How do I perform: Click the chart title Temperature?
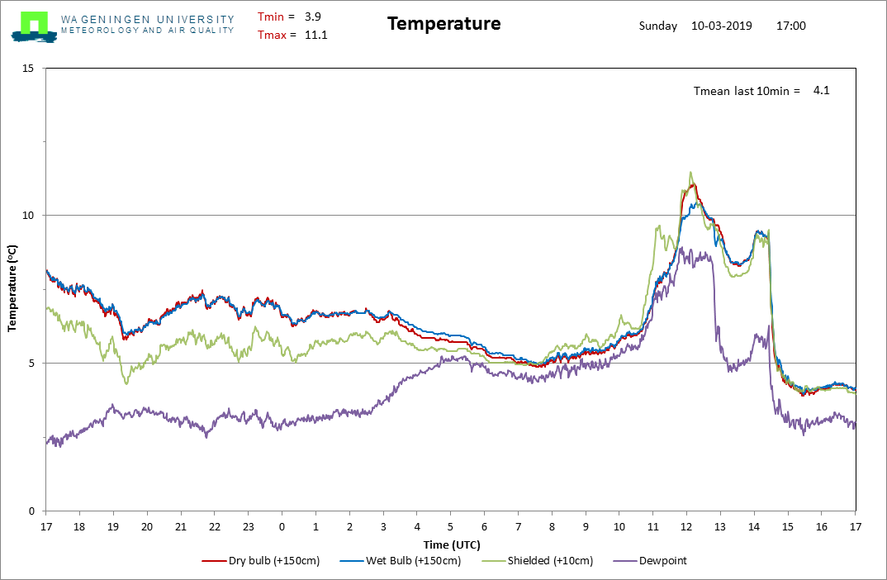pyautogui.click(x=444, y=24)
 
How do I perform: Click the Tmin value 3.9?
pyautogui.click(x=313, y=17)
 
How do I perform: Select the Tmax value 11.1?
pyautogui.click(x=315, y=35)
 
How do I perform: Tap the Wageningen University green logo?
pyautogui.click(x=34, y=26)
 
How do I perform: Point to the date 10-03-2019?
pyautogui.click(x=721, y=26)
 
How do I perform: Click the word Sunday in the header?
pyautogui.click(x=658, y=26)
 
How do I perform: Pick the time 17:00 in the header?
pyautogui.click(x=791, y=26)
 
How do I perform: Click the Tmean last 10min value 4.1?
pyautogui.click(x=822, y=91)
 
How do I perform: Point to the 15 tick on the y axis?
pyautogui.click(x=28, y=69)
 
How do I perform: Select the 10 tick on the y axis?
pyautogui.click(x=28, y=216)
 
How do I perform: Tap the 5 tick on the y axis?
pyautogui.click(x=31, y=364)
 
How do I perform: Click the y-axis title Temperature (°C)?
pyautogui.click(x=12, y=288)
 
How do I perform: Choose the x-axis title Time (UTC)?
pyautogui.click(x=452, y=545)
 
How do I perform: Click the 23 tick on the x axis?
pyautogui.click(x=249, y=527)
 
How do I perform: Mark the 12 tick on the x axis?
pyautogui.click(x=686, y=527)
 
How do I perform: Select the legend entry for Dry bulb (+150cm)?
pyautogui.click(x=261, y=561)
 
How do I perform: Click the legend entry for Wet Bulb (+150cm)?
pyautogui.click(x=400, y=561)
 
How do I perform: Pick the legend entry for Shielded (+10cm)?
pyautogui.click(x=538, y=561)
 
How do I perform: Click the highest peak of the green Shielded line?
pyautogui.click(x=690, y=172)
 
